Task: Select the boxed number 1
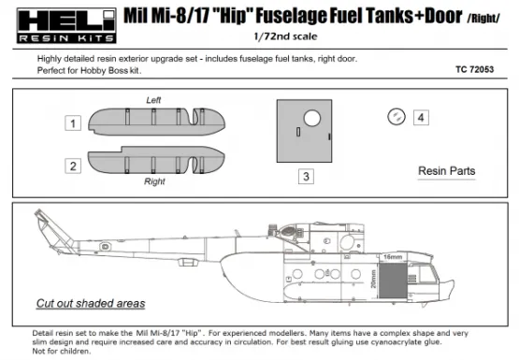tap(72, 122)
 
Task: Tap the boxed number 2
tap(72, 166)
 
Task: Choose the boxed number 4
tap(421, 118)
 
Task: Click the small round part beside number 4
tap(396, 117)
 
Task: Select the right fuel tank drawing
tap(155, 162)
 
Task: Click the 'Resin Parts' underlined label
tap(447, 172)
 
